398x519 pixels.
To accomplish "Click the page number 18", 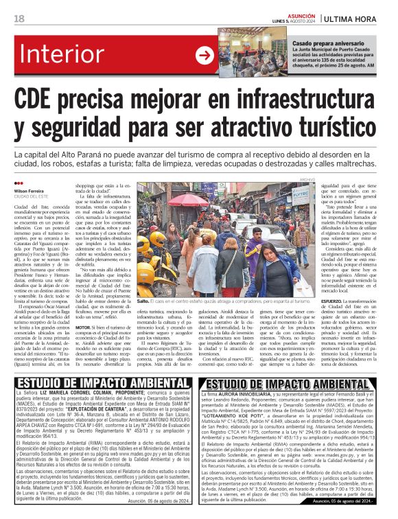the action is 19,18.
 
